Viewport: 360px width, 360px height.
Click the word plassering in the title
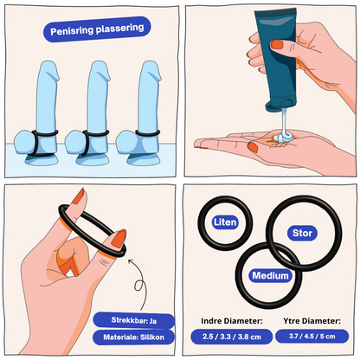click(119, 29)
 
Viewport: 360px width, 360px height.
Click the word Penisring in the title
click(72, 31)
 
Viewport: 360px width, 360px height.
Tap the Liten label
click(225, 222)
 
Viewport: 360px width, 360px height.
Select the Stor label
click(302, 233)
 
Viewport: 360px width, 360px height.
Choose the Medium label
click(270, 275)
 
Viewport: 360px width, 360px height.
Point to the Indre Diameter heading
click(232, 321)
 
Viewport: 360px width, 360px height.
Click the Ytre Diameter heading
click(312, 321)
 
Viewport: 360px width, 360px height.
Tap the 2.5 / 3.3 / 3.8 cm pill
click(232, 337)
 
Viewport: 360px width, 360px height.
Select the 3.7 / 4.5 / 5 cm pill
click(312, 337)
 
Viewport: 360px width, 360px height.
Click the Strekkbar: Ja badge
click(134, 320)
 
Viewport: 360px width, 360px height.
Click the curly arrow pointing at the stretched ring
click(138, 284)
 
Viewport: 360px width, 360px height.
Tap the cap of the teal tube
click(280, 106)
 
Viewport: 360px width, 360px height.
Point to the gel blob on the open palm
click(284, 138)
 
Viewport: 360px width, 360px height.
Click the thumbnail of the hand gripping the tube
click(277, 44)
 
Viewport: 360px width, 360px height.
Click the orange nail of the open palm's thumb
click(253, 147)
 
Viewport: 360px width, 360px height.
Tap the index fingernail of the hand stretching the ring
click(79, 197)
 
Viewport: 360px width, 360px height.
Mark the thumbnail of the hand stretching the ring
click(119, 238)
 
